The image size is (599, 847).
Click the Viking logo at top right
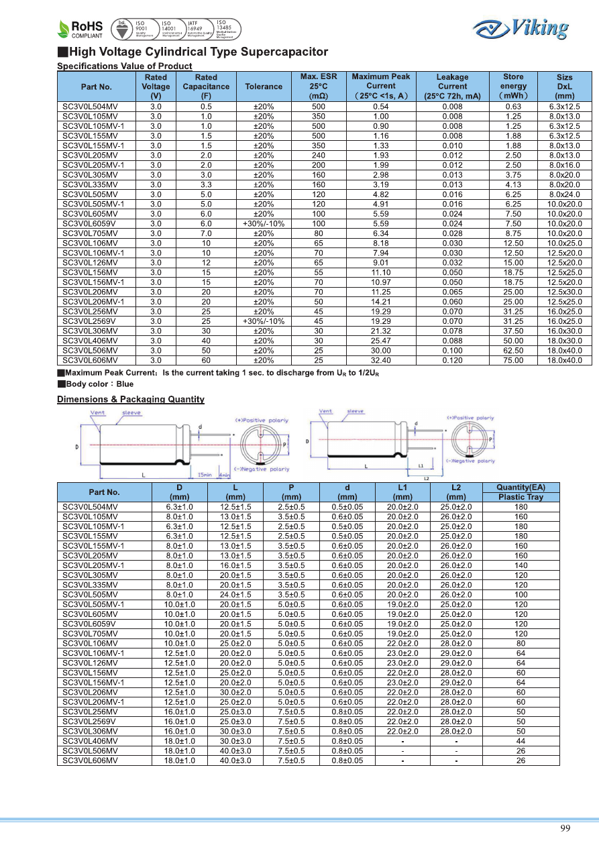point(521,28)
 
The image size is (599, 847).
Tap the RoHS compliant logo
point(81,29)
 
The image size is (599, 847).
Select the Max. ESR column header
point(318,87)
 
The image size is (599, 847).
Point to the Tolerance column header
point(264,87)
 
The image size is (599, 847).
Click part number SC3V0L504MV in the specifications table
point(90,107)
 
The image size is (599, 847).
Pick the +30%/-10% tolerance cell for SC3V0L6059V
point(264,223)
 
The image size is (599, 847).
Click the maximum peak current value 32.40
point(380,360)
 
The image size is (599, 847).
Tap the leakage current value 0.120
point(452,360)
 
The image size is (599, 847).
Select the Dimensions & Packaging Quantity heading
point(131,400)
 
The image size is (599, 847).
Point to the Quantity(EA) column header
point(521,488)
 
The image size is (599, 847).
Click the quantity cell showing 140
point(521,565)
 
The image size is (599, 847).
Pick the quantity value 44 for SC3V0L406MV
point(521,741)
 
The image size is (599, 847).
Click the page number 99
point(565,828)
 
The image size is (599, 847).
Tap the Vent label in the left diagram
point(98,412)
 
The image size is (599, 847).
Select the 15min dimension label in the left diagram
point(205,475)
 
